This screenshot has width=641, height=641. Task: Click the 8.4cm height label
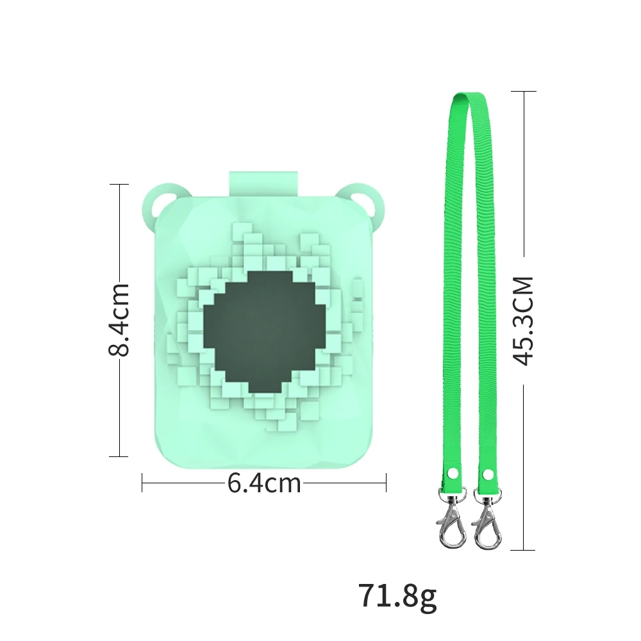[119, 320]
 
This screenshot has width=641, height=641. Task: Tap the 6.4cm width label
[264, 483]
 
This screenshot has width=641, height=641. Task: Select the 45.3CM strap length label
[523, 321]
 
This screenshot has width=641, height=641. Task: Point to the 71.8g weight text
[398, 596]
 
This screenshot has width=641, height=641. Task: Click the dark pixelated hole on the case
[265, 332]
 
